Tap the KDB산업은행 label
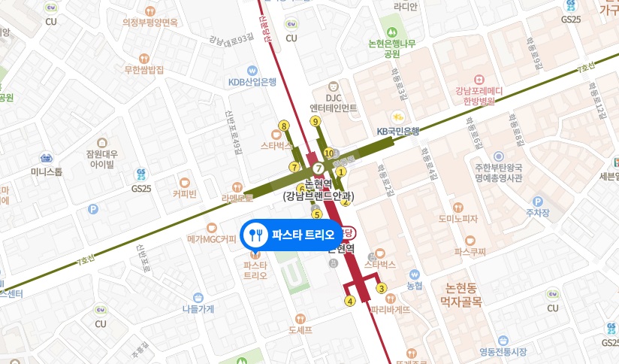(253, 81)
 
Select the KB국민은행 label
(397, 131)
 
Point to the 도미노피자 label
(458, 218)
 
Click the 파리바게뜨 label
(390, 308)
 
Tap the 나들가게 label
(198, 308)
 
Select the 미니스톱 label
(47, 171)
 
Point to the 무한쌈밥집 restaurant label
(144, 70)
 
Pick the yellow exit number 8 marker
(283, 126)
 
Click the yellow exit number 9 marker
(315, 121)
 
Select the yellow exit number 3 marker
(381, 288)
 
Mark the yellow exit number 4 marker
(349, 302)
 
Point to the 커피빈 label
(184, 193)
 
